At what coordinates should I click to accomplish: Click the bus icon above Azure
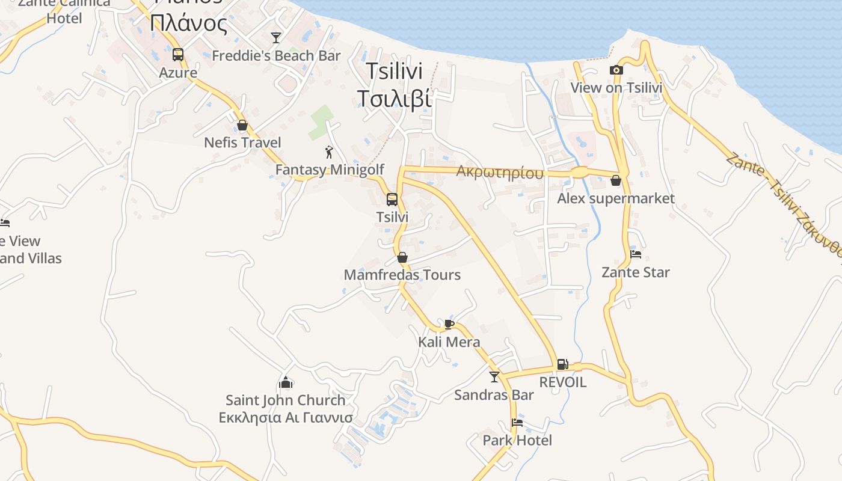pyautogui.click(x=178, y=55)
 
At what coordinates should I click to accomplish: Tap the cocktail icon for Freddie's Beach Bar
pyautogui.click(x=276, y=38)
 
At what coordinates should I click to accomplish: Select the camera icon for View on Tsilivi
pyautogui.click(x=616, y=70)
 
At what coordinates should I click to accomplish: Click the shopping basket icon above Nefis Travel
pyautogui.click(x=242, y=125)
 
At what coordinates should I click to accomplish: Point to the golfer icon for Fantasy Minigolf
pyautogui.click(x=329, y=152)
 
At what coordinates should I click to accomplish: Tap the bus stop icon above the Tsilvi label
pyautogui.click(x=392, y=199)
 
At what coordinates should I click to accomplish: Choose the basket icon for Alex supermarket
pyautogui.click(x=616, y=180)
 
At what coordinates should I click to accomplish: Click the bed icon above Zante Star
pyautogui.click(x=636, y=254)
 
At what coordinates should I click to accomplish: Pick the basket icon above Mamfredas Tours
pyautogui.click(x=402, y=257)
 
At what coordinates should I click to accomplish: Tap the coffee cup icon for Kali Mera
pyautogui.click(x=449, y=325)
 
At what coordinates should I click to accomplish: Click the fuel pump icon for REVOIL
pyautogui.click(x=562, y=364)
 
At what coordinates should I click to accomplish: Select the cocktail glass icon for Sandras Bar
pyautogui.click(x=494, y=377)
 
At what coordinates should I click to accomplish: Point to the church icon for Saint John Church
pyautogui.click(x=286, y=382)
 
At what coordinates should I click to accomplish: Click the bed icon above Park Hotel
pyautogui.click(x=517, y=422)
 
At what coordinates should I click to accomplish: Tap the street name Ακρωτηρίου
pyautogui.click(x=499, y=173)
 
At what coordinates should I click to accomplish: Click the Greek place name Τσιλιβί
pyautogui.click(x=395, y=98)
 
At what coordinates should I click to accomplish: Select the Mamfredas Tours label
pyautogui.click(x=402, y=275)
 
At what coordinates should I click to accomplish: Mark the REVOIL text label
pyautogui.click(x=562, y=382)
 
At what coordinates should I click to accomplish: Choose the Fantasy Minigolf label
pyautogui.click(x=330, y=170)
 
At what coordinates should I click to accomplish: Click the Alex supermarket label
pyautogui.click(x=616, y=198)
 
